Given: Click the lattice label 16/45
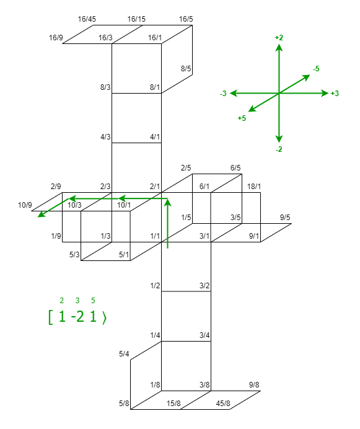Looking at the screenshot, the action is click(87, 19).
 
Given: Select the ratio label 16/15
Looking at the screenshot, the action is click(136, 19).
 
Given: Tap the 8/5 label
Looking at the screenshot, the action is click(186, 69).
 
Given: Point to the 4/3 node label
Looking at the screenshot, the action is click(105, 137).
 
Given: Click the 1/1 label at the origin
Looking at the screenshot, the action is click(155, 236).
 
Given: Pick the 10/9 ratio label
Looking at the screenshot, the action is click(25, 205).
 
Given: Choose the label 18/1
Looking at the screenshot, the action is click(254, 187).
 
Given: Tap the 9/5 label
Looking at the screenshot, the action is click(285, 218).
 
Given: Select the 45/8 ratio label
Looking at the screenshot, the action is click(223, 404).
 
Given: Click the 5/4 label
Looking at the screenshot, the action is click(124, 354).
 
